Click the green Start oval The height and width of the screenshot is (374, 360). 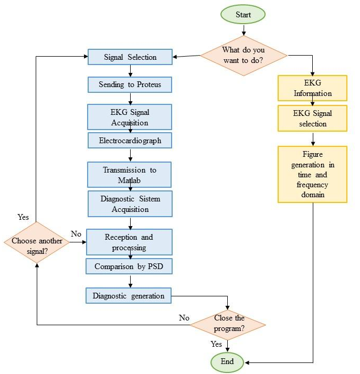pos(243,15)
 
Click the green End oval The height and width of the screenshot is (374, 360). pos(228,362)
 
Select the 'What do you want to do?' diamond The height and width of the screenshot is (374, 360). pos(243,55)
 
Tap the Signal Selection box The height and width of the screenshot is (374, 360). pos(130,57)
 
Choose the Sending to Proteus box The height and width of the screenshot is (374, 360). pos(130,84)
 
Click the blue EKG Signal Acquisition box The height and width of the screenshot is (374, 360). pos(130,117)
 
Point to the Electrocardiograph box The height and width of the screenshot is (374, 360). pos(130,141)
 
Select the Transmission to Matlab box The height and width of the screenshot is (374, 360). pos(130,175)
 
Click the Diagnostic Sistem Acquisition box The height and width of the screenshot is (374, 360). pos(130,204)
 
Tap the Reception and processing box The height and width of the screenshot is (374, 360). pos(130,242)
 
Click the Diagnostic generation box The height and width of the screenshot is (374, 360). pos(129,296)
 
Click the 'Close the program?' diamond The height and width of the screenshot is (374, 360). pos(227,324)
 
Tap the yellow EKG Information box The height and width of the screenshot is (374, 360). pos(313,88)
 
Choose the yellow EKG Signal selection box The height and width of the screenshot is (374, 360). pos(313,119)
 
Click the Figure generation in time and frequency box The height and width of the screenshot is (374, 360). pos(313,174)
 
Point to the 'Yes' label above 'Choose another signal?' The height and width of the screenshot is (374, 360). pos(24,217)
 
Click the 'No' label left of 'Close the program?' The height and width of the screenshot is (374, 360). pos(184,318)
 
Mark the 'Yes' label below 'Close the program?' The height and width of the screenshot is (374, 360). pos(216,344)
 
